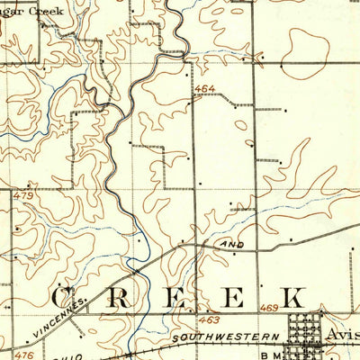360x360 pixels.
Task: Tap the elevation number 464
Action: [204, 90]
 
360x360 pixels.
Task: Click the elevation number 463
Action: [210, 319]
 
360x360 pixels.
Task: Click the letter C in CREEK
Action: [67, 298]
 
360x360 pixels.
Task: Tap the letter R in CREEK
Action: [119, 298]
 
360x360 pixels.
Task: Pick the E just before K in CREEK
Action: [233, 298]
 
